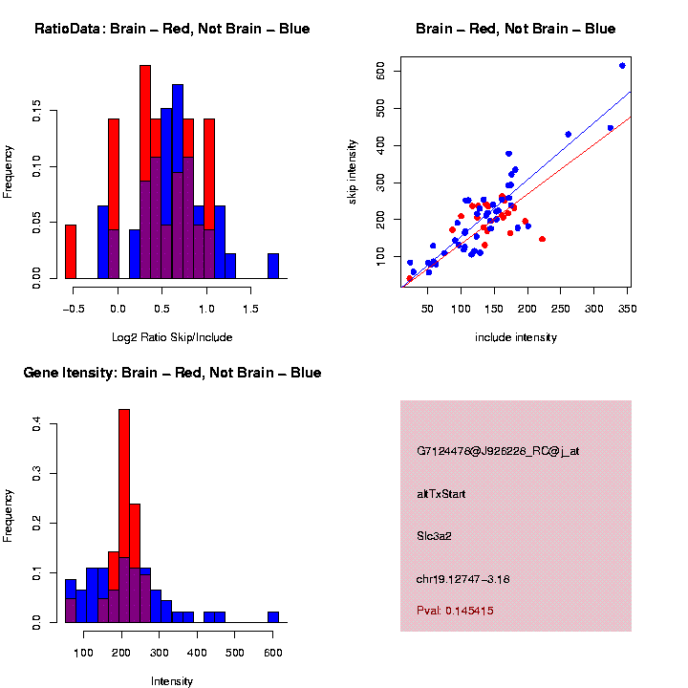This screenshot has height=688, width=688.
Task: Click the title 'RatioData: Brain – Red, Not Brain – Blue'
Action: click(172, 29)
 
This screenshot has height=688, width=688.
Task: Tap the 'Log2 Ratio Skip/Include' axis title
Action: click(172, 337)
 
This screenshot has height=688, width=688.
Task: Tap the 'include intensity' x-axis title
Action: click(515, 337)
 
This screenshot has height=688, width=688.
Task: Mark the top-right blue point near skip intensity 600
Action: click(622, 66)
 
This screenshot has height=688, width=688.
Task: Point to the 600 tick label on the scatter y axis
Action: click(380, 72)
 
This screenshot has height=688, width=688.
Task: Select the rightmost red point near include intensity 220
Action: click(542, 239)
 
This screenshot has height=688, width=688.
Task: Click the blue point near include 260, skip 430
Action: click(568, 135)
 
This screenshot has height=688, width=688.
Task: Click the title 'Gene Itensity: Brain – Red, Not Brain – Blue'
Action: click(172, 373)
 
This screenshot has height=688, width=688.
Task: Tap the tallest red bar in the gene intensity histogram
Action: click(123, 516)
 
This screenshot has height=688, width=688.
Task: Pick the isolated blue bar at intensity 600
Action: click(273, 617)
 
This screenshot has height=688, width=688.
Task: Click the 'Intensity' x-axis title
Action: click(172, 681)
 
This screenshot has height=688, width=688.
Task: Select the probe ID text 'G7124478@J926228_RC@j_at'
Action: click(498, 451)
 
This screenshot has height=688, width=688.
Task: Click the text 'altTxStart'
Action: click(441, 494)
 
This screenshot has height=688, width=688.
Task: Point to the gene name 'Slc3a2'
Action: click(434, 536)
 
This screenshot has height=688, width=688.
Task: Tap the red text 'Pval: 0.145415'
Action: click(455, 611)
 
